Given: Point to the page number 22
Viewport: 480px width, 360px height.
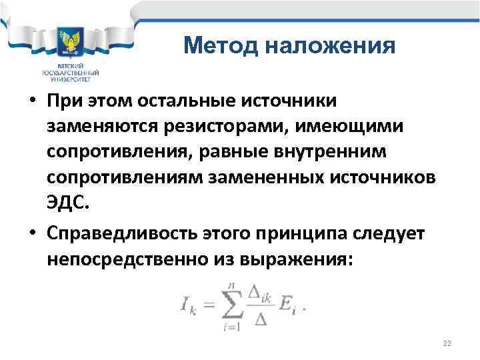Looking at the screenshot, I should (x=447, y=343).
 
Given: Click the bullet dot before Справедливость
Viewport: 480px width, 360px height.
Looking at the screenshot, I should (x=32, y=233).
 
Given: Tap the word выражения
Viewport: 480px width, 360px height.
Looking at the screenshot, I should (x=303, y=259).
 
